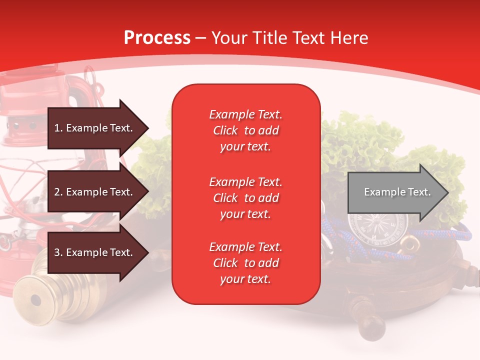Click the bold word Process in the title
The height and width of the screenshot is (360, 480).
pyautogui.click(x=157, y=38)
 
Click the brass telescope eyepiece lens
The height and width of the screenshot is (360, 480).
pyautogui.click(x=35, y=300)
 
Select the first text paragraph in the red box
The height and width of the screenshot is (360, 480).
pyautogui.click(x=245, y=130)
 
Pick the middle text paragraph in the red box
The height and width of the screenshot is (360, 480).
pyautogui.click(x=245, y=198)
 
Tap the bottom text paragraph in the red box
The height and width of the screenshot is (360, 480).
pyautogui.click(x=245, y=263)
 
